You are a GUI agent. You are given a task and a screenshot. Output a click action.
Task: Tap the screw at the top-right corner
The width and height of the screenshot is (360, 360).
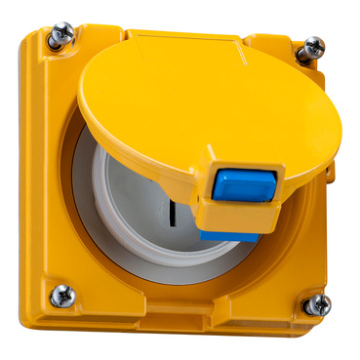(x=311, y=48)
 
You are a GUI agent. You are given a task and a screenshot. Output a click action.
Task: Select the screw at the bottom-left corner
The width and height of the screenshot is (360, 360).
(x=62, y=295)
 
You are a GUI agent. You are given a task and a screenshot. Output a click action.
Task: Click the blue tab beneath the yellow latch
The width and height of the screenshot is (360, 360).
(x=230, y=235)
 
